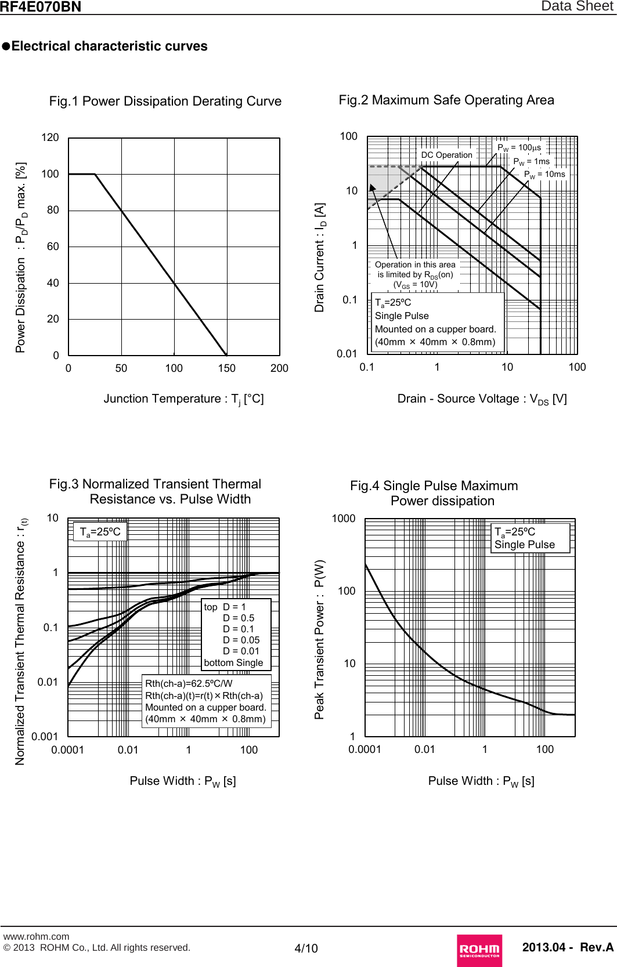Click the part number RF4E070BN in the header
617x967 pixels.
pyautogui.click(x=40, y=7)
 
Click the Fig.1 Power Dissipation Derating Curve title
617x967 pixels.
pyautogui.click(x=165, y=101)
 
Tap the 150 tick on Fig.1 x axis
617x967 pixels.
pyautogui.click(x=226, y=368)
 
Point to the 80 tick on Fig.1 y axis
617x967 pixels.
pyautogui.click(x=53, y=210)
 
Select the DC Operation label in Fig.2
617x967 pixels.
pyautogui.click(x=446, y=155)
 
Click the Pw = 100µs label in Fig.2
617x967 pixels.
pyautogui.click(x=519, y=148)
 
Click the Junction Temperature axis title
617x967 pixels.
pyautogui.click(x=183, y=399)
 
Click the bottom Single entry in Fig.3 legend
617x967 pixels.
pyautogui.click(x=233, y=662)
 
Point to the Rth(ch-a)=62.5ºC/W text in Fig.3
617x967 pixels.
pyautogui.click(x=189, y=683)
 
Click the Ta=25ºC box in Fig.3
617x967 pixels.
pyautogui.click(x=100, y=532)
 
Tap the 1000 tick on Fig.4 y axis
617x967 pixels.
pyautogui.click(x=344, y=519)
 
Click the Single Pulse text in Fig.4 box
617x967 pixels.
pyautogui.click(x=524, y=545)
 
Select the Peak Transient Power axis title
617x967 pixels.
pyautogui.click(x=320, y=639)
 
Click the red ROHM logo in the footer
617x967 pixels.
pyautogui.click(x=479, y=950)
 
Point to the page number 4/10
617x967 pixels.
pyautogui.click(x=306, y=948)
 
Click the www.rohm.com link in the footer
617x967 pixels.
pyautogui.click(x=36, y=936)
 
